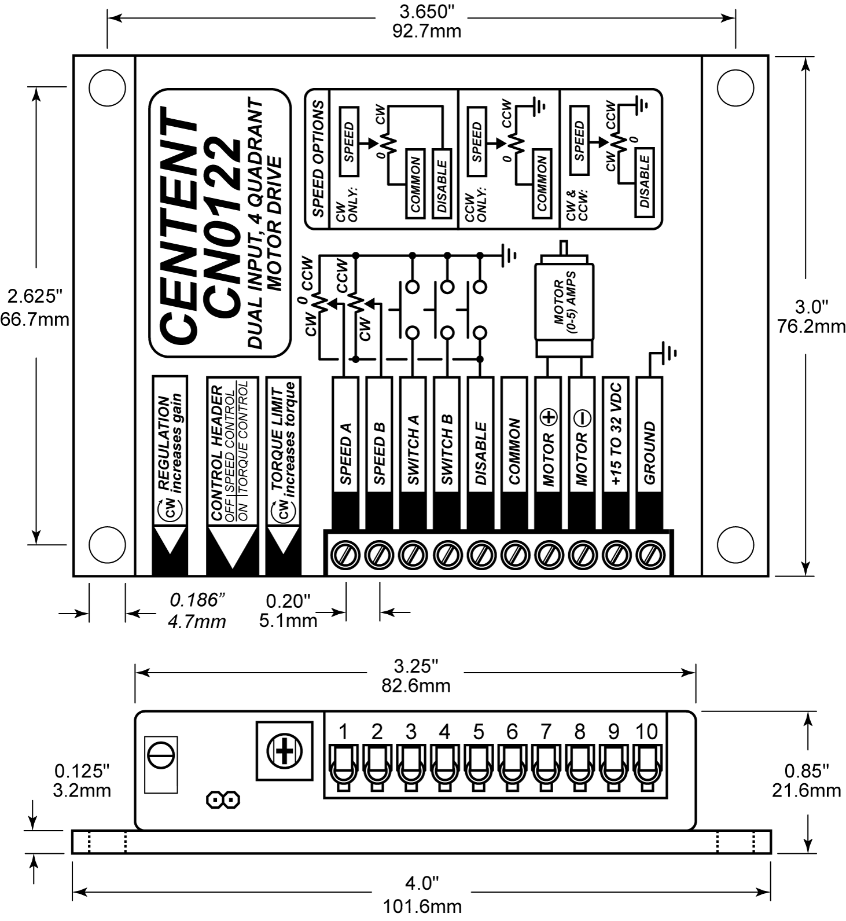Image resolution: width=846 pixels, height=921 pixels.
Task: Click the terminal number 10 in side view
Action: [x=646, y=732]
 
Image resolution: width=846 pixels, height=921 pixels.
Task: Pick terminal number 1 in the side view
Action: [x=343, y=732]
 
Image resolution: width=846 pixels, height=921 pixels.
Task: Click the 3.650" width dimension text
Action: [x=426, y=12]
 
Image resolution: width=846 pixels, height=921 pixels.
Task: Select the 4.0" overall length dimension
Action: [x=422, y=883]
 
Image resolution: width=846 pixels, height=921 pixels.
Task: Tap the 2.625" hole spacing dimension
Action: [x=34, y=296]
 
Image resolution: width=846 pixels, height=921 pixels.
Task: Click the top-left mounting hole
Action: [x=108, y=87]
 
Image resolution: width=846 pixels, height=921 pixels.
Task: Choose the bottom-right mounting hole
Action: [x=735, y=544]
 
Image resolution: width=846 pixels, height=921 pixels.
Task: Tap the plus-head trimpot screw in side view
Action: [x=284, y=751]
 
